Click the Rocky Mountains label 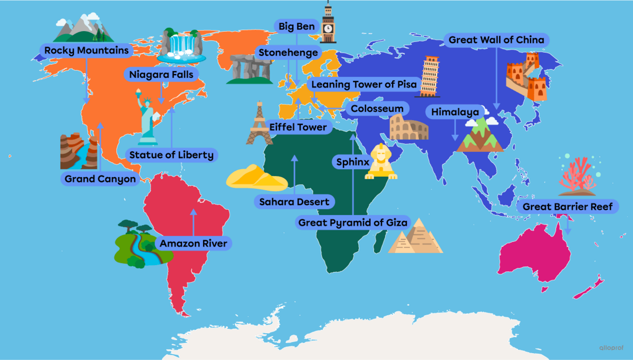click(x=87, y=51)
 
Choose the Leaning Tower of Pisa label click(x=364, y=84)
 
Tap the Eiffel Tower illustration click(x=259, y=124)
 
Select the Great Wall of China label click(x=497, y=40)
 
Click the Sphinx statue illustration click(x=380, y=162)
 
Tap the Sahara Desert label click(x=294, y=202)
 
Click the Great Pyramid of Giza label click(x=352, y=223)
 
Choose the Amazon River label click(x=193, y=244)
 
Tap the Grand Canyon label click(x=100, y=179)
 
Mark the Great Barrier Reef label click(x=568, y=207)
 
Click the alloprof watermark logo click(x=611, y=347)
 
